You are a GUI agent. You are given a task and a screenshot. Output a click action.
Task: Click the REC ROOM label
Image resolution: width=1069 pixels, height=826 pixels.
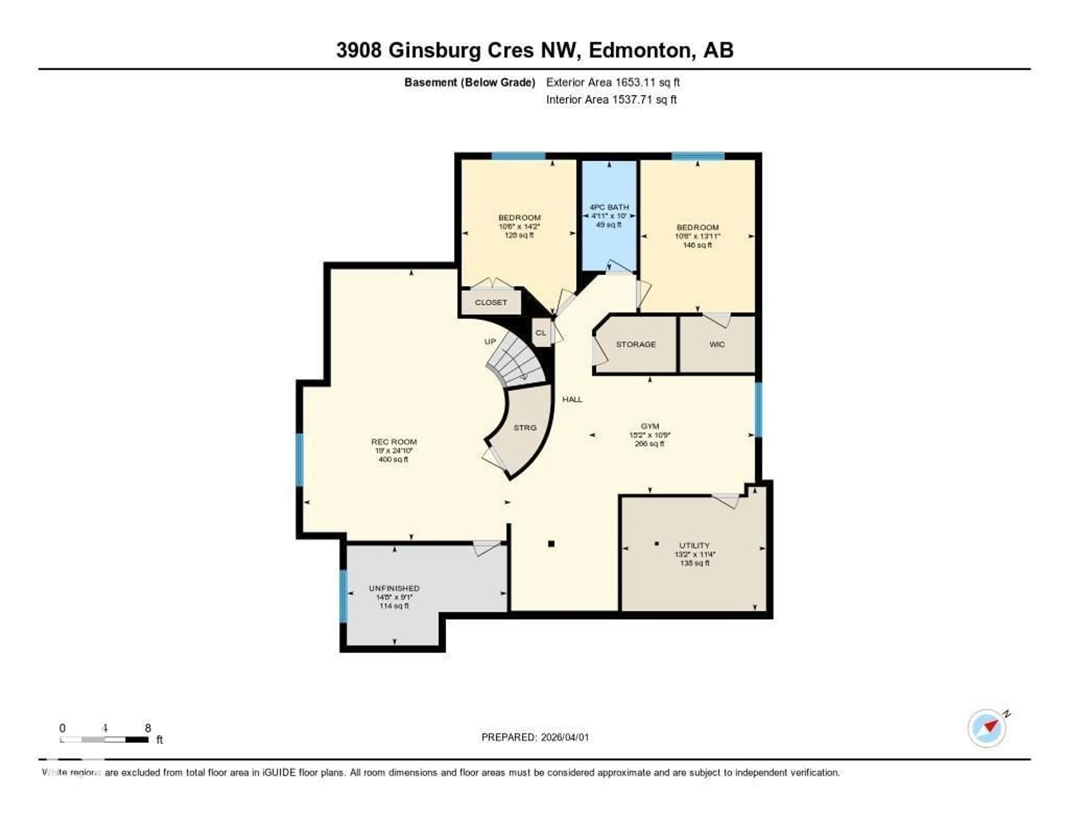(x=394, y=442)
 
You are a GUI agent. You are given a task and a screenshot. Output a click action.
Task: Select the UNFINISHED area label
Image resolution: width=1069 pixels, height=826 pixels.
(x=394, y=588)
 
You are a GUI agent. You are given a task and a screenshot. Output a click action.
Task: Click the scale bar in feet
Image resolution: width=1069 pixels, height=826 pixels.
(x=104, y=739)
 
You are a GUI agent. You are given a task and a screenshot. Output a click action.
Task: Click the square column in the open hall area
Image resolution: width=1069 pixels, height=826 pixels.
(x=551, y=544)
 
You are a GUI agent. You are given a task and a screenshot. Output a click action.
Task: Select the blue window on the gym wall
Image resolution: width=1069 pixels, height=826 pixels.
(x=758, y=409)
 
